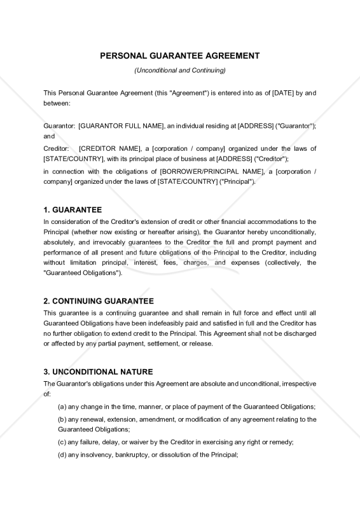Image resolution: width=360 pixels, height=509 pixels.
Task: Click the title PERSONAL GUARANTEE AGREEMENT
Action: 180,55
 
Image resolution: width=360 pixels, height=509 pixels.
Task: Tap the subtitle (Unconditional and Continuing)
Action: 180,70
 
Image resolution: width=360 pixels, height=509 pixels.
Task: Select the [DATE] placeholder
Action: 282,92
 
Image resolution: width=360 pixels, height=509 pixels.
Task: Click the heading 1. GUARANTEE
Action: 73,209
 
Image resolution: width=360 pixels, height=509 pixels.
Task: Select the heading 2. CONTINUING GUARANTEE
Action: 98,300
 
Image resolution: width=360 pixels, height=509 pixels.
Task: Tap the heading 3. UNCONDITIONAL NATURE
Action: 98,372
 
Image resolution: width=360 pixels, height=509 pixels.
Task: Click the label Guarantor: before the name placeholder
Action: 59,126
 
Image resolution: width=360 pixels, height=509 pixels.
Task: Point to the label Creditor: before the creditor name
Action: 57,148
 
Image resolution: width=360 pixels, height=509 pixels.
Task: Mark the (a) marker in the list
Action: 62,407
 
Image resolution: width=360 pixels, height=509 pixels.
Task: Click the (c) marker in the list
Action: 62,442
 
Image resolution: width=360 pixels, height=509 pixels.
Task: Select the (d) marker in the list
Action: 62,454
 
